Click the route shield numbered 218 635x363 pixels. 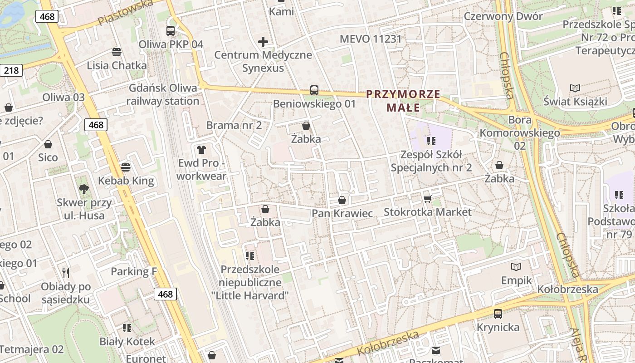click(x=11, y=70)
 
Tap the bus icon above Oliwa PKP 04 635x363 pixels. click(x=171, y=31)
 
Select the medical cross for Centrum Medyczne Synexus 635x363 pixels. click(x=263, y=42)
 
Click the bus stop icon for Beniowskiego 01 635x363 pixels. click(x=314, y=90)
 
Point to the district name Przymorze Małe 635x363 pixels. click(x=403, y=101)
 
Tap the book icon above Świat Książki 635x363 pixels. click(x=575, y=88)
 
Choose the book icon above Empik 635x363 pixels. click(x=516, y=267)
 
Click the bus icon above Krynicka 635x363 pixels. click(x=498, y=314)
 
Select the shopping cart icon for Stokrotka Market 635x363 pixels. click(x=427, y=199)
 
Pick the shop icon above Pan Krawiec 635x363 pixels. click(x=342, y=200)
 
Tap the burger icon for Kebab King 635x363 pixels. click(x=126, y=167)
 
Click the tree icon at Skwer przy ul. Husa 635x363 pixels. click(x=83, y=189)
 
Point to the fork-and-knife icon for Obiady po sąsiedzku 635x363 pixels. click(x=66, y=273)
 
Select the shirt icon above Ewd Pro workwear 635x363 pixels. click(x=201, y=149)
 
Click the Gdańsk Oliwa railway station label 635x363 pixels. click(x=163, y=94)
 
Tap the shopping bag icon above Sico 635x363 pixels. click(x=48, y=144)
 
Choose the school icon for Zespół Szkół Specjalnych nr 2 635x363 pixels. click(x=431, y=141)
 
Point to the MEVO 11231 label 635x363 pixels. click(x=371, y=39)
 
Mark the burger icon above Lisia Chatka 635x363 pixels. click(x=117, y=52)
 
